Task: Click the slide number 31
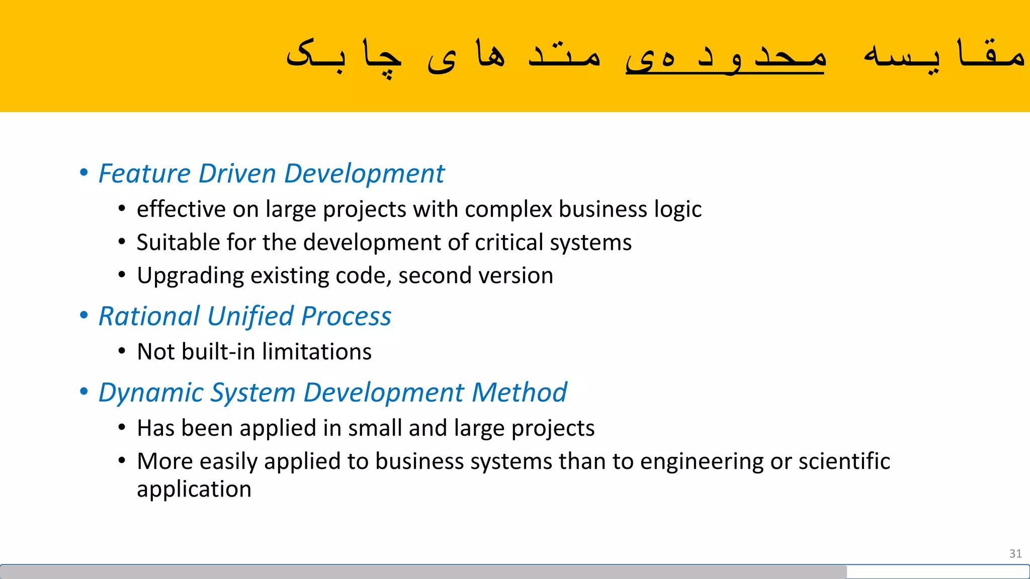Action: click(x=1015, y=553)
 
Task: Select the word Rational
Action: click(x=149, y=317)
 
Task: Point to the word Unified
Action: click(x=250, y=317)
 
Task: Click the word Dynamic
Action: click(x=151, y=393)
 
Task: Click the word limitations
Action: click(x=317, y=352)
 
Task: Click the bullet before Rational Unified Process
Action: click(x=84, y=316)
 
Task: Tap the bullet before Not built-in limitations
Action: click(x=122, y=351)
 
